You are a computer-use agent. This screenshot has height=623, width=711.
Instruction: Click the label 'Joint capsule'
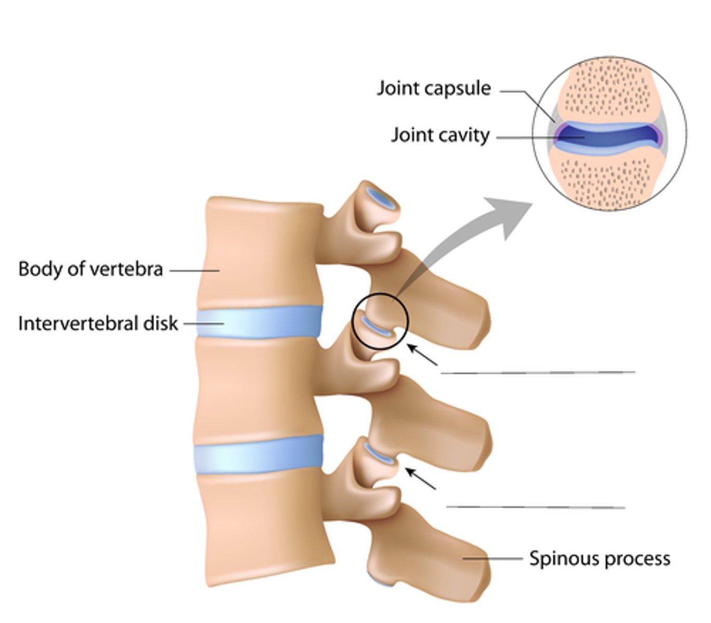click(434, 88)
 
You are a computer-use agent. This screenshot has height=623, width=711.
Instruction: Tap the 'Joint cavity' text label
click(440, 135)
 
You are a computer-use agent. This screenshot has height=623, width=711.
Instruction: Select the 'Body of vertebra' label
click(90, 269)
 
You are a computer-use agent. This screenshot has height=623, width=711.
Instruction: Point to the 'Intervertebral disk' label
click(98, 323)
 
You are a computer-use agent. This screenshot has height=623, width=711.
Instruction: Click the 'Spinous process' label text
click(599, 559)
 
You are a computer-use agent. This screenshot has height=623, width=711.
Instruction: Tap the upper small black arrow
click(422, 355)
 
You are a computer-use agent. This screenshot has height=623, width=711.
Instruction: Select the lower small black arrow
click(420, 478)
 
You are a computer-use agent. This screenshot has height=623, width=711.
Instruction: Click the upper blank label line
click(538, 372)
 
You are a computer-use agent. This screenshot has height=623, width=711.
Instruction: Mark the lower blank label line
click(535, 507)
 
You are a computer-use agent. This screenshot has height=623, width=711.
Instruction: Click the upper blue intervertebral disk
click(259, 322)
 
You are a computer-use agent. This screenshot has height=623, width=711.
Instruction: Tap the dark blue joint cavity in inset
click(608, 136)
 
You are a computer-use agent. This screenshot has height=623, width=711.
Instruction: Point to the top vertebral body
click(260, 252)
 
